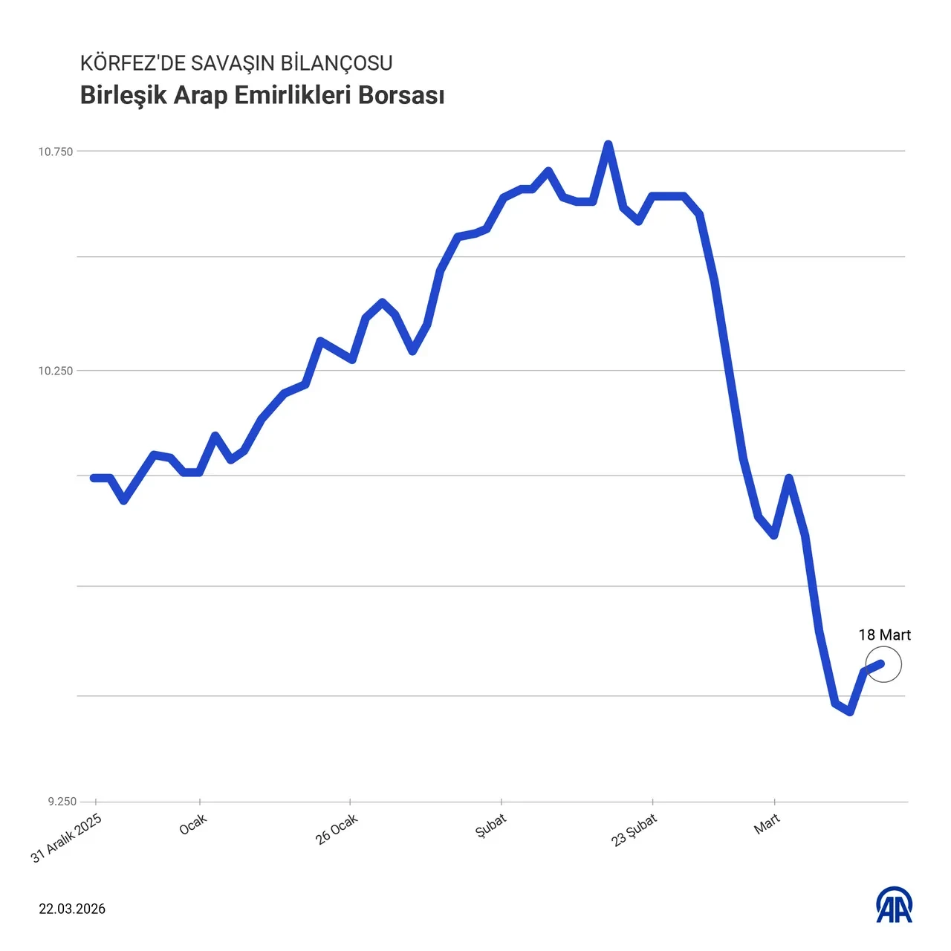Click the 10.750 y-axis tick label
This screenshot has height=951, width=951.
point(56,152)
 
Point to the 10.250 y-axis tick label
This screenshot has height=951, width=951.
point(56,371)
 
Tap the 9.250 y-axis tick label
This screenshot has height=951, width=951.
point(62,802)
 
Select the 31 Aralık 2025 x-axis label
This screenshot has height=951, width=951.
point(66,838)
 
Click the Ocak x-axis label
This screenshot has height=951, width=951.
point(193,824)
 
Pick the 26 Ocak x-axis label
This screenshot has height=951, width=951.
point(337,828)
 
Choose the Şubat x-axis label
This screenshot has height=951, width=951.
point(491,825)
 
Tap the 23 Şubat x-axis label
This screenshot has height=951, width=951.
point(634,831)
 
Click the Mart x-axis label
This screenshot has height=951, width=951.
point(767,823)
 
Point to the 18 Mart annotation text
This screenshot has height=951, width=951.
point(884,635)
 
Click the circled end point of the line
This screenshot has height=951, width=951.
point(882,663)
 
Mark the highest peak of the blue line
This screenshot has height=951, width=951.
point(608,144)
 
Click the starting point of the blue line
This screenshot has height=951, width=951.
point(94,478)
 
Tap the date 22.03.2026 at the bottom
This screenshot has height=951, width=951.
point(72,909)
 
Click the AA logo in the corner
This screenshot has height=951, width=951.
point(895,905)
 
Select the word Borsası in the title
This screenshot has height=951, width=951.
point(401,96)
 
